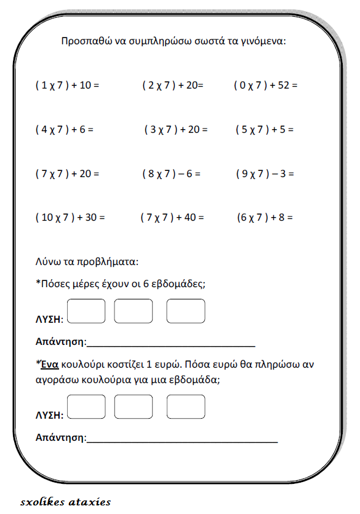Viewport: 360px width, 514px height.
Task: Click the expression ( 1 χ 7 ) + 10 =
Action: pos(67,85)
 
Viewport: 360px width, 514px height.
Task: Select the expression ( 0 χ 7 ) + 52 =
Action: pos(265,85)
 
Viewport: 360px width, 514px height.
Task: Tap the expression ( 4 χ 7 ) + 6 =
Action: pos(64,130)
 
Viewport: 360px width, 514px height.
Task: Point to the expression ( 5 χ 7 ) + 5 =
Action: pos(265,130)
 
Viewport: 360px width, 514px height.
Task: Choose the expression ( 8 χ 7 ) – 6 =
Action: pos(171,173)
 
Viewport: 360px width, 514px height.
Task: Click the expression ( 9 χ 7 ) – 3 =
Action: pos(265,173)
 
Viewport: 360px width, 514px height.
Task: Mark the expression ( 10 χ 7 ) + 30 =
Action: pos(70,217)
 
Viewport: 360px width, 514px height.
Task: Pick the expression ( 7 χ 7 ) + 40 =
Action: pos(172,217)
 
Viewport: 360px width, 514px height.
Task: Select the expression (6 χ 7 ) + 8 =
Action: pos(265,217)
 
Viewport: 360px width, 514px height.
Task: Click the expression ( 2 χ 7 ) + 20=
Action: pos(172,85)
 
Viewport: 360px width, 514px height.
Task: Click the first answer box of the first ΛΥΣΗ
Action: pos(86,311)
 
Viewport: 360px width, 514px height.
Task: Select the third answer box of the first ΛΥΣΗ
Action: pos(186,311)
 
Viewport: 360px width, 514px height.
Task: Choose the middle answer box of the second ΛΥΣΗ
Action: pos(134,407)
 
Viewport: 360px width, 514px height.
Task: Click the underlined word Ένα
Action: pos(49,364)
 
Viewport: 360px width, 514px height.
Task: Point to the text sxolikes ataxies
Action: pos(65,502)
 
